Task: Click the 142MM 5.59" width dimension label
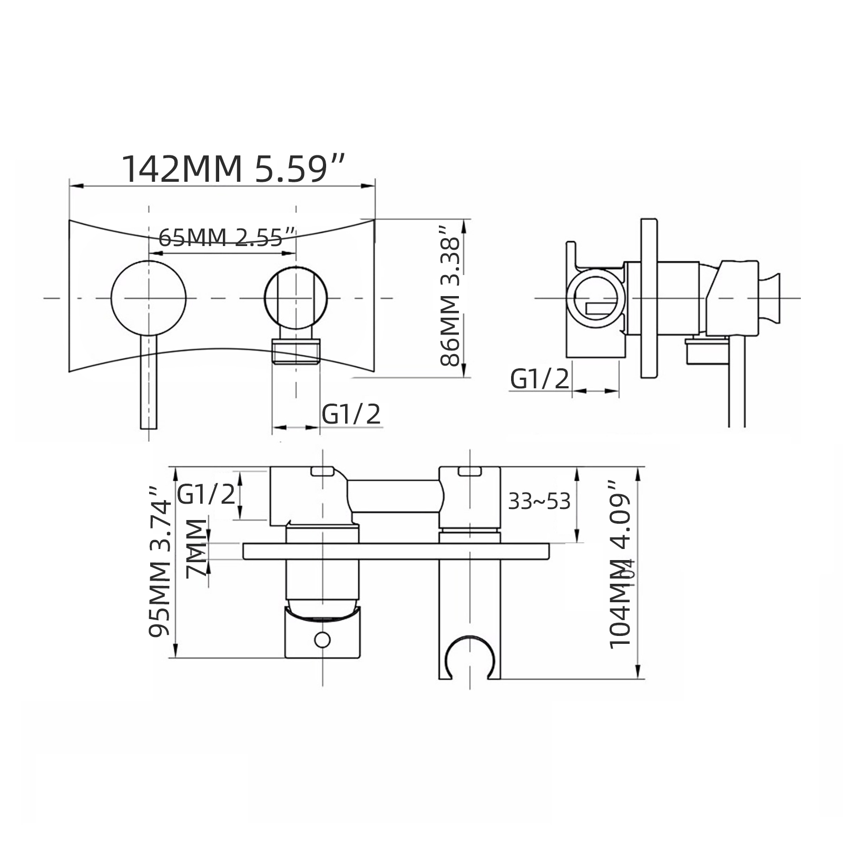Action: (x=234, y=169)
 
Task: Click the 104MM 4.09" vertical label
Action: (x=620, y=565)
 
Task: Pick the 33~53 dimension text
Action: (x=539, y=502)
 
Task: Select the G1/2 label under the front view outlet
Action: (x=351, y=414)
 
